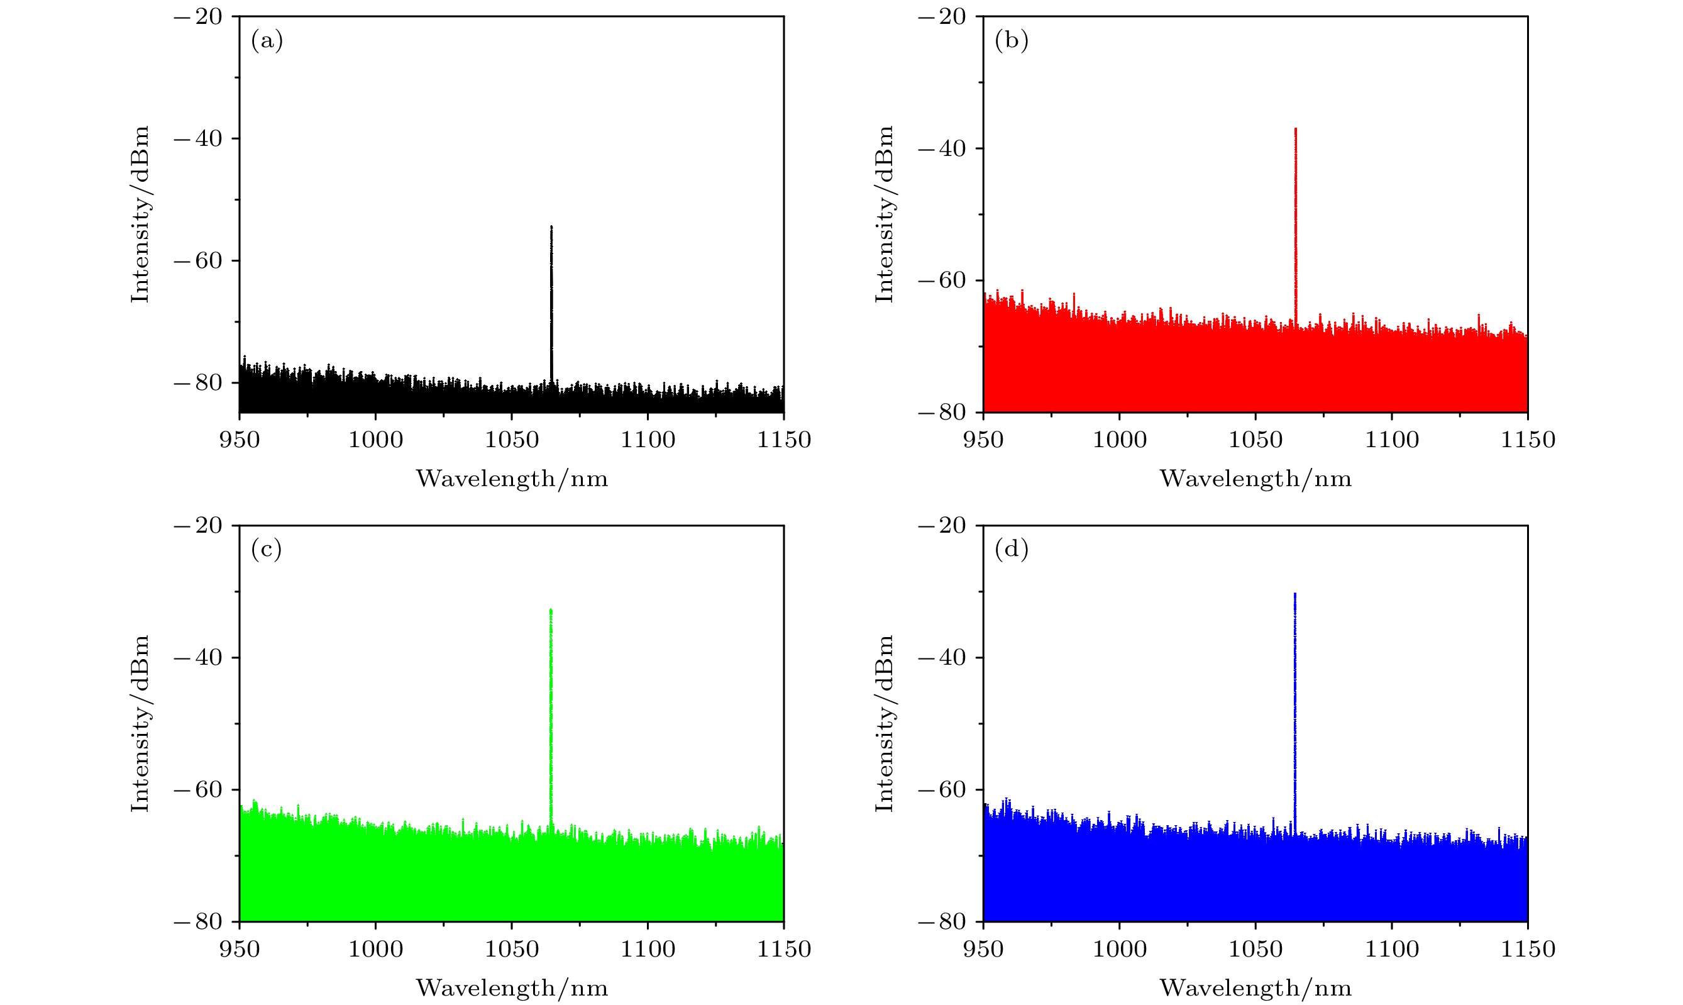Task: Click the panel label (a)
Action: (x=267, y=42)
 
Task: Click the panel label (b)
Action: (x=1012, y=42)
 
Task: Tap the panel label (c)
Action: (x=267, y=549)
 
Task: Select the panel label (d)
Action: (x=1012, y=549)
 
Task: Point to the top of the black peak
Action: (x=551, y=228)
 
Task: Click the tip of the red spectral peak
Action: (x=1295, y=129)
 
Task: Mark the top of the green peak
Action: (x=551, y=610)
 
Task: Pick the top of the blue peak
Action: (x=1295, y=594)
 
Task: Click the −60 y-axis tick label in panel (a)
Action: (x=197, y=261)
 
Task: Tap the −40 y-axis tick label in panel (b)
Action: (x=942, y=148)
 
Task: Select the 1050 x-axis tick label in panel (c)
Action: (x=512, y=949)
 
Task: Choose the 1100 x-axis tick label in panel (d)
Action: (x=1392, y=949)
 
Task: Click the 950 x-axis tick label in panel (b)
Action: (x=983, y=440)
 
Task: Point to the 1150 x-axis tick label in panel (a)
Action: (x=784, y=440)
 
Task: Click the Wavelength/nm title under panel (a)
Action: (x=512, y=479)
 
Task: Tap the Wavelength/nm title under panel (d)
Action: (x=1256, y=988)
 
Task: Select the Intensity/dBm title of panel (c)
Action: (x=140, y=723)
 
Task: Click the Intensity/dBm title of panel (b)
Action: (x=885, y=214)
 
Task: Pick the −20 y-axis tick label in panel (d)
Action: (x=942, y=525)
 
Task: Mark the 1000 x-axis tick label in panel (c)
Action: (x=376, y=949)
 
